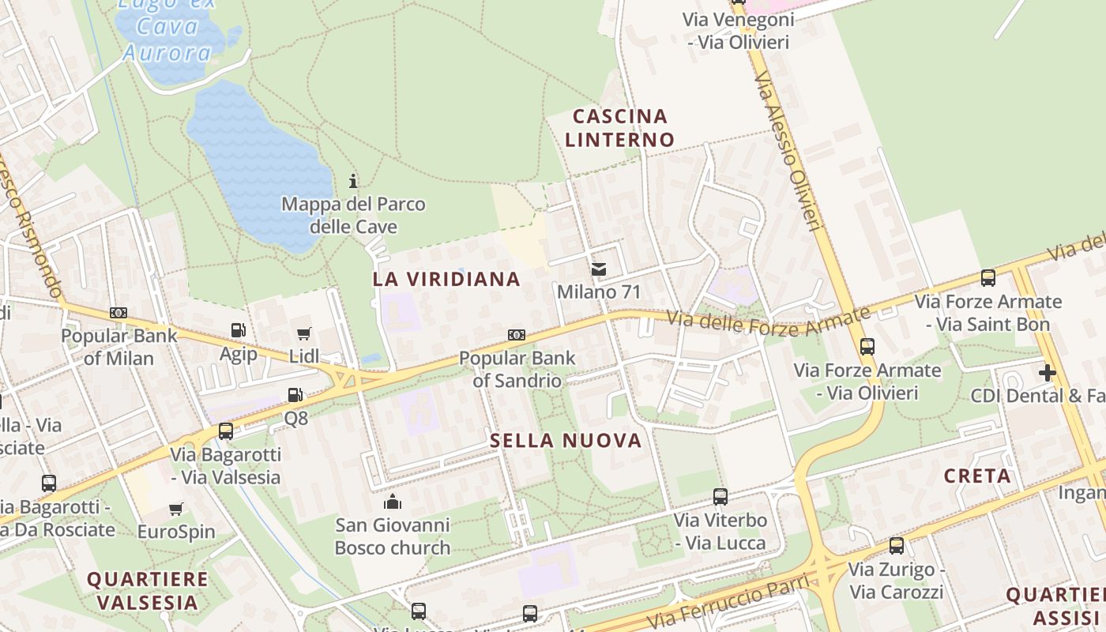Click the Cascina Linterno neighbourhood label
[x=620, y=128]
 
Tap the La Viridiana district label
[x=446, y=279]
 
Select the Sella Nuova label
[x=566, y=441]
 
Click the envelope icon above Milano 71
[x=599, y=269]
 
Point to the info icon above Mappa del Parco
[x=353, y=182]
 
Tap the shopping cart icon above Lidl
[x=303, y=334]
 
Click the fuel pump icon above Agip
[x=238, y=330]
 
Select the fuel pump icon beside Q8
[x=295, y=394]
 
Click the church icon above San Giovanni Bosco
[x=393, y=502]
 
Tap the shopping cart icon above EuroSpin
[x=176, y=509]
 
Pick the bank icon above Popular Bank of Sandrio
[x=517, y=335]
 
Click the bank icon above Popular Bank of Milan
[x=118, y=313]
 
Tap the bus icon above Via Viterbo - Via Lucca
[x=720, y=497]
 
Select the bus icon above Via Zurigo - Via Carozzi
[x=896, y=546]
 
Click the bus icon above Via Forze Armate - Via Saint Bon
[x=987, y=278]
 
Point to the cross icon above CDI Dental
[x=1048, y=372]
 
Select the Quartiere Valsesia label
[x=147, y=590]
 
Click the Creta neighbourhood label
[x=977, y=476]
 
